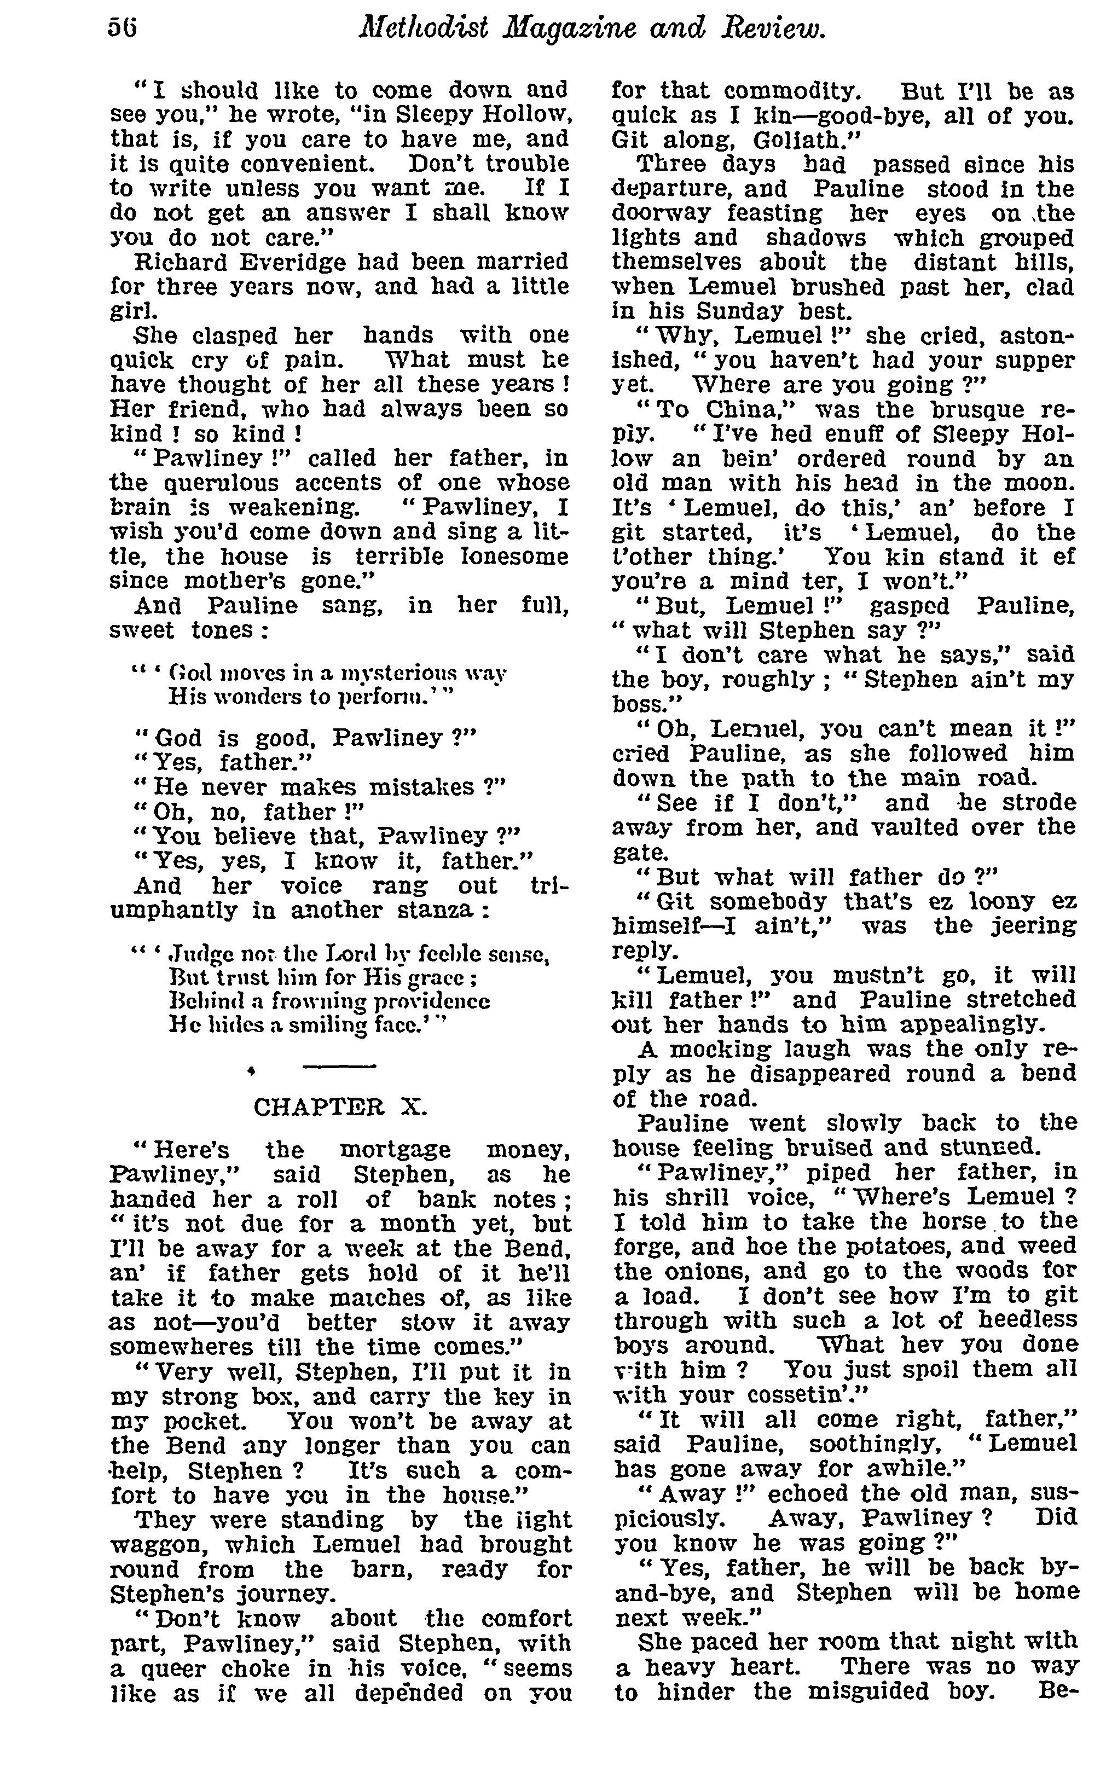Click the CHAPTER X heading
click(340, 1106)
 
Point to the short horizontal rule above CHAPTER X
click(339, 1067)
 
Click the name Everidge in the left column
click(259, 262)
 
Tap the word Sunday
click(739, 311)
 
